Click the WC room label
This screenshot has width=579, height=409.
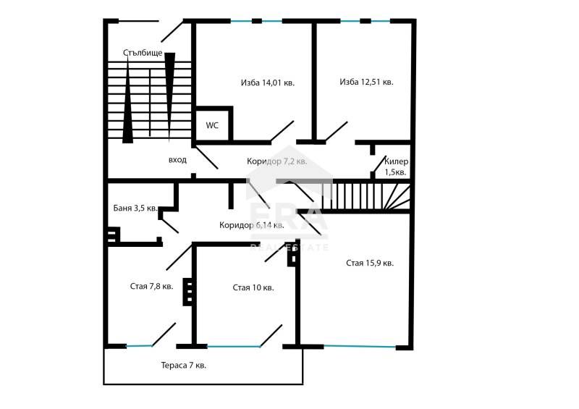click(x=212, y=125)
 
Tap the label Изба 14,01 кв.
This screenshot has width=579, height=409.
click(x=268, y=83)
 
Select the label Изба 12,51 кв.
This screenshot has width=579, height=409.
click(x=366, y=82)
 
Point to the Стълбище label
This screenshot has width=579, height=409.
click(x=143, y=53)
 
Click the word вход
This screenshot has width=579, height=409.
click(x=177, y=160)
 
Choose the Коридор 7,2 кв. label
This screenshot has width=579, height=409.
click(x=277, y=161)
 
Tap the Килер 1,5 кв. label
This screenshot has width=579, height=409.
click(x=396, y=166)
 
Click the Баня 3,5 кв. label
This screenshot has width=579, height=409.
click(x=135, y=208)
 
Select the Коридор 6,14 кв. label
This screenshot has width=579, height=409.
click(x=251, y=225)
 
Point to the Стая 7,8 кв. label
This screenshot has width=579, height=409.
click(x=151, y=287)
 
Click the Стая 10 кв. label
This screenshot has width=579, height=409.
click(x=253, y=287)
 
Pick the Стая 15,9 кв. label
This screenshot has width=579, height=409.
click(x=370, y=263)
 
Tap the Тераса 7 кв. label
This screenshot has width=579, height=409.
click(x=184, y=366)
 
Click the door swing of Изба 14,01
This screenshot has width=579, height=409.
click(x=282, y=132)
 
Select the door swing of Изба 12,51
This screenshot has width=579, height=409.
click(x=336, y=132)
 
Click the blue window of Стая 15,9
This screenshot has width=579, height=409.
click(x=360, y=346)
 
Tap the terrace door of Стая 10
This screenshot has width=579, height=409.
click(x=271, y=336)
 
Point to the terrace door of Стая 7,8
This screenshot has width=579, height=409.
click(x=164, y=334)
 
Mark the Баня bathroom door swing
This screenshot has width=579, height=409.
click(x=169, y=226)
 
